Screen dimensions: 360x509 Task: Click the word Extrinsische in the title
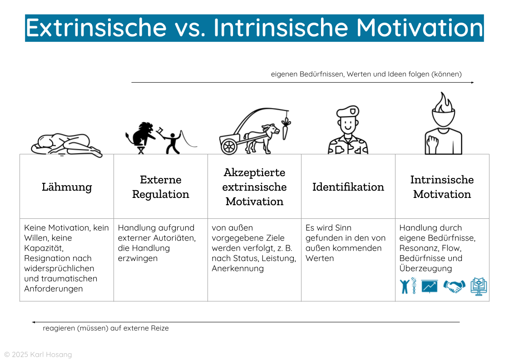click(96, 28)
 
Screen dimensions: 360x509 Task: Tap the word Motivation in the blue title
click(420, 28)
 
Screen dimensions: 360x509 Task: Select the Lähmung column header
click(67, 187)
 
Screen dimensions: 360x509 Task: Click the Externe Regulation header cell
click(161, 187)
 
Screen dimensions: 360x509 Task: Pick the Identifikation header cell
click(348, 187)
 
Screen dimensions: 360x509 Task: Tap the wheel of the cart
click(229, 146)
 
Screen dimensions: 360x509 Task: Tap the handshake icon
click(454, 286)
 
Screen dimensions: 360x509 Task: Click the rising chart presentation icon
click(429, 286)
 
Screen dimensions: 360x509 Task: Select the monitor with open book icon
click(478, 286)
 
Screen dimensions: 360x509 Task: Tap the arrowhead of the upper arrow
click(472, 83)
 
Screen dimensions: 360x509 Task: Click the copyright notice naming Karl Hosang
click(38, 355)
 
